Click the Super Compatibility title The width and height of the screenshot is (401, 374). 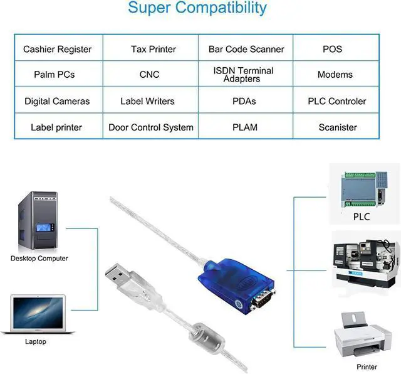[197, 9]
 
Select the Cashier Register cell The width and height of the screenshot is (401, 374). [58, 49]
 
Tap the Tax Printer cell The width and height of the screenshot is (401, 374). [153, 49]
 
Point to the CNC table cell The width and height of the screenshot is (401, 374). [149, 75]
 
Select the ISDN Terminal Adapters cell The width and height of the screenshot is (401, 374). [243, 75]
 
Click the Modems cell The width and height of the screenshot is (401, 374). [335, 75]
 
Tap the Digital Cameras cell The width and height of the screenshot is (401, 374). [57, 101]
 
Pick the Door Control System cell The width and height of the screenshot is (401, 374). [151, 127]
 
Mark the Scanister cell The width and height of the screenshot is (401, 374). [337, 127]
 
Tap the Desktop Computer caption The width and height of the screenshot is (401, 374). [39, 258]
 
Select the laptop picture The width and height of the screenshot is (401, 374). [38, 314]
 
